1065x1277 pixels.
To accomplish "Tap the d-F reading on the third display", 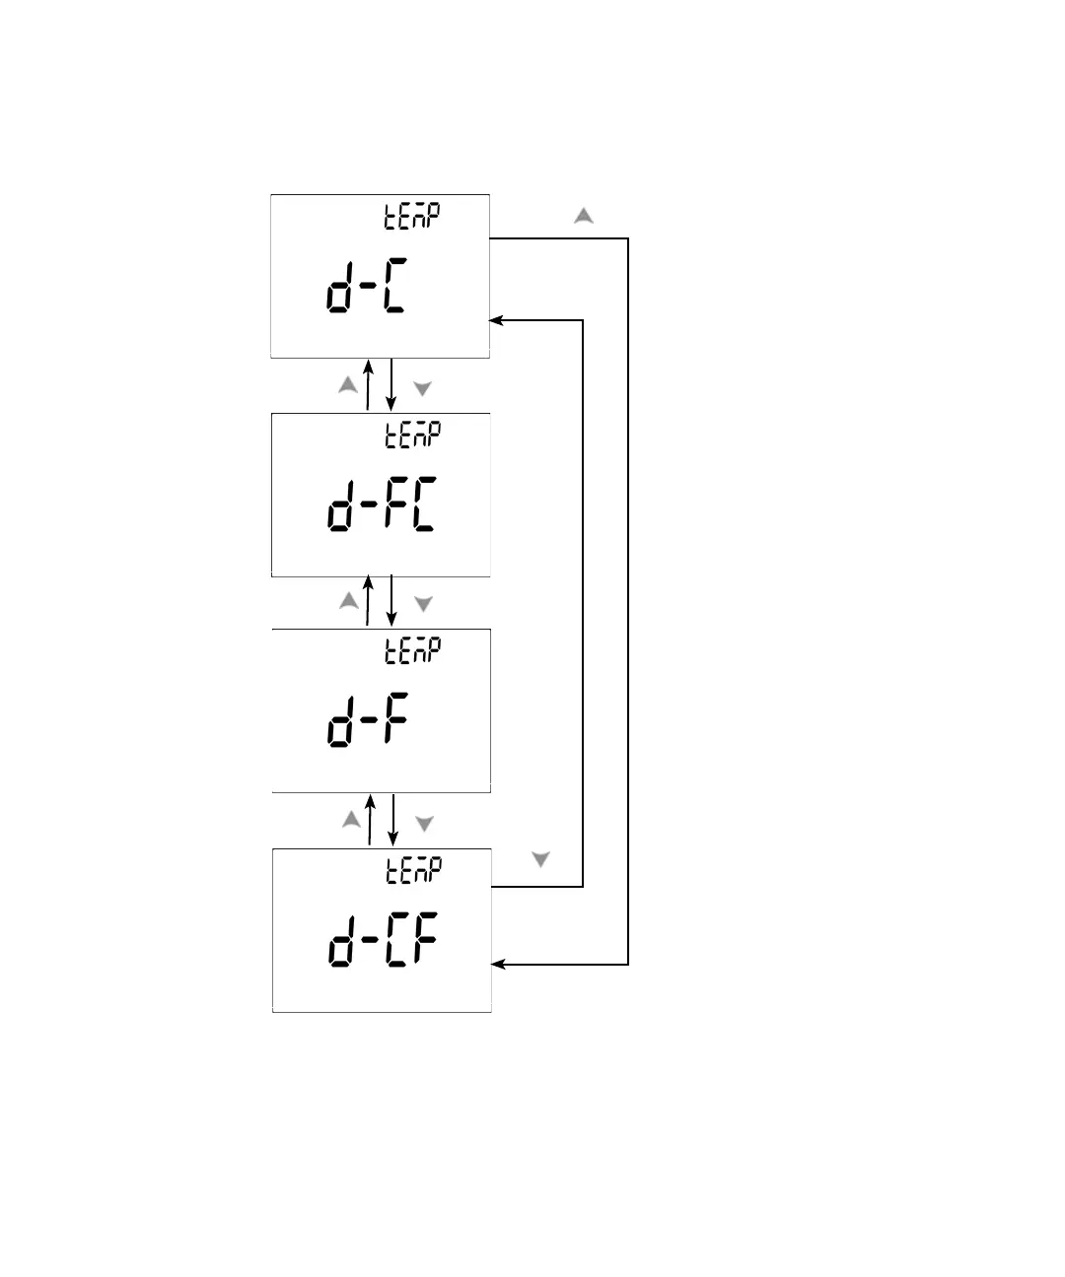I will click(367, 720).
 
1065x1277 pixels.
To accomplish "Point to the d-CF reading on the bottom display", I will click(383, 940).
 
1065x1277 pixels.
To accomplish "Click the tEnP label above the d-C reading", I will click(412, 216).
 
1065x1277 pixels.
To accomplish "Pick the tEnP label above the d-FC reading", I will click(412, 435).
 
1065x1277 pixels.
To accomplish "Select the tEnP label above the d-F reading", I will click(412, 650).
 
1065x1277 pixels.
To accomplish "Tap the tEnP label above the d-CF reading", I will click(412, 870).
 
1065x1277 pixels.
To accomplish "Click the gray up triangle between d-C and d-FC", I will click(348, 386).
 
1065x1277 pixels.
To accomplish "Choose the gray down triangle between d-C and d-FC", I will click(422, 389).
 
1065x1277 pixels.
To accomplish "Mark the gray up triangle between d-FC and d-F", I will click(349, 600).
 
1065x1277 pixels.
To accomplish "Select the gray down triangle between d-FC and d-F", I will click(423, 604).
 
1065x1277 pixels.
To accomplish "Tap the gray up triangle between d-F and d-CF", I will click(351, 819).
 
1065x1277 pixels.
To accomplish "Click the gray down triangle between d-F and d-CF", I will click(424, 824).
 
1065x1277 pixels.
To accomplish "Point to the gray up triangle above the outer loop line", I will click(584, 216).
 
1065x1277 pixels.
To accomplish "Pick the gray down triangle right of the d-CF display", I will click(540, 860).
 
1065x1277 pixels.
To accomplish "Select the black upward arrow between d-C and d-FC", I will click(368, 384).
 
